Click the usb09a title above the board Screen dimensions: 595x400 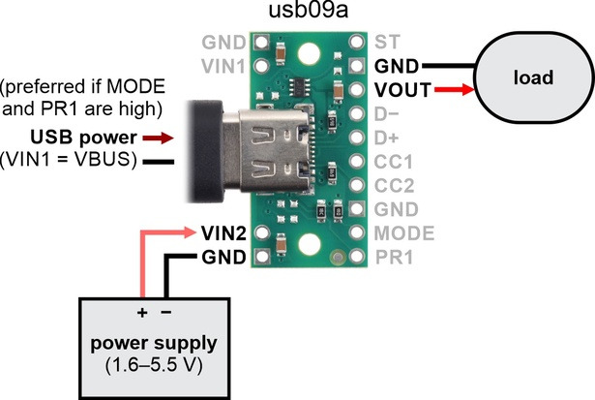pyautogui.click(x=309, y=11)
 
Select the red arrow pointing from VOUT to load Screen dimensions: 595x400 pyautogui.click(x=455, y=90)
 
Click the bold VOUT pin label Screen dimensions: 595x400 pyautogui.click(x=403, y=90)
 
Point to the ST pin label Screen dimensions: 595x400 pyautogui.click(x=387, y=42)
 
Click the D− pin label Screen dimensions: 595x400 pyautogui.click(x=386, y=114)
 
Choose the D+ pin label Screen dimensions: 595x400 pyautogui.click(x=386, y=138)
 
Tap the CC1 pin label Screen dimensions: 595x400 pyautogui.click(x=394, y=162)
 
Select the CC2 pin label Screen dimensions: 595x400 pyautogui.click(x=395, y=186)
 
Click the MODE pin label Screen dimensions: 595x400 pyautogui.click(x=404, y=233)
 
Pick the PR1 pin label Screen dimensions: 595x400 pyautogui.click(x=394, y=258)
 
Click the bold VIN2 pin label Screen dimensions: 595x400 pyautogui.click(x=223, y=232)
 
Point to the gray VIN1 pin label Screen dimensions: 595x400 pyautogui.click(x=223, y=66)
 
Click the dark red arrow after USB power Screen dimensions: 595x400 pyautogui.click(x=159, y=138)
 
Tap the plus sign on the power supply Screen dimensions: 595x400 pyautogui.click(x=142, y=313)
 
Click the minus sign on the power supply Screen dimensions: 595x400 pyautogui.click(x=166, y=312)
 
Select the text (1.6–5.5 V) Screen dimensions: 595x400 pyautogui.click(x=154, y=365)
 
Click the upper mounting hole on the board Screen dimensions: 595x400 pyautogui.click(x=309, y=53)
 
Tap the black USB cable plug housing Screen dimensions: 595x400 pyautogui.click(x=205, y=151)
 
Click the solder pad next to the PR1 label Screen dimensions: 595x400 pyautogui.click(x=357, y=257)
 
